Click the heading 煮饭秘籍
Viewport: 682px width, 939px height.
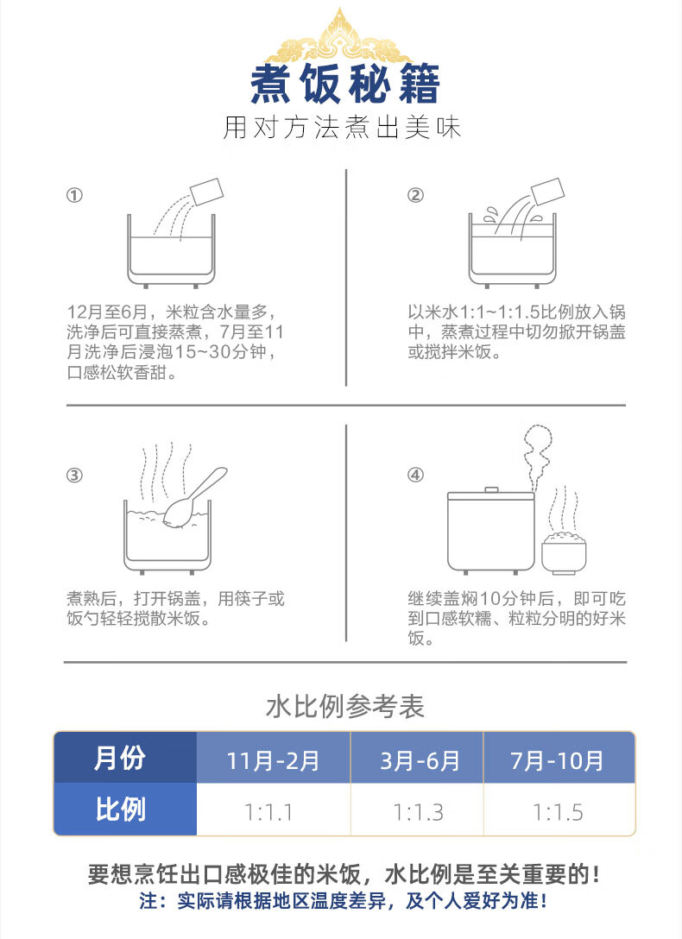344,84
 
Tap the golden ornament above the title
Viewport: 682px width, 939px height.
341,39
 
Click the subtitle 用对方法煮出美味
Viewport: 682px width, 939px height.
342,128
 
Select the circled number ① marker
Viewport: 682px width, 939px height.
74,195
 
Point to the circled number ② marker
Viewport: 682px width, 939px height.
415,195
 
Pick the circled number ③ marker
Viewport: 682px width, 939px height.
74,476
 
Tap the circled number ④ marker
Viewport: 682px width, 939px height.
415,476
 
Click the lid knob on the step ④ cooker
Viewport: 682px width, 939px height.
491,490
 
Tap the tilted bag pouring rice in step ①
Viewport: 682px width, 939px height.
206,192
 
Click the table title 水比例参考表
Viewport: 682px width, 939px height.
345,707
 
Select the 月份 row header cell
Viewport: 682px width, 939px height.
125,758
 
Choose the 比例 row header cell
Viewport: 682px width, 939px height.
125,809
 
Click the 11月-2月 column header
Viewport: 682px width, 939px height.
273,758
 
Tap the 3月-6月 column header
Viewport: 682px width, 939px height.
417,758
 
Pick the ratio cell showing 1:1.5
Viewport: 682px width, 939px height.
559,809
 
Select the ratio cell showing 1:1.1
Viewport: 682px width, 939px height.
273,809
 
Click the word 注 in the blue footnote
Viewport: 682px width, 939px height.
148,901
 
